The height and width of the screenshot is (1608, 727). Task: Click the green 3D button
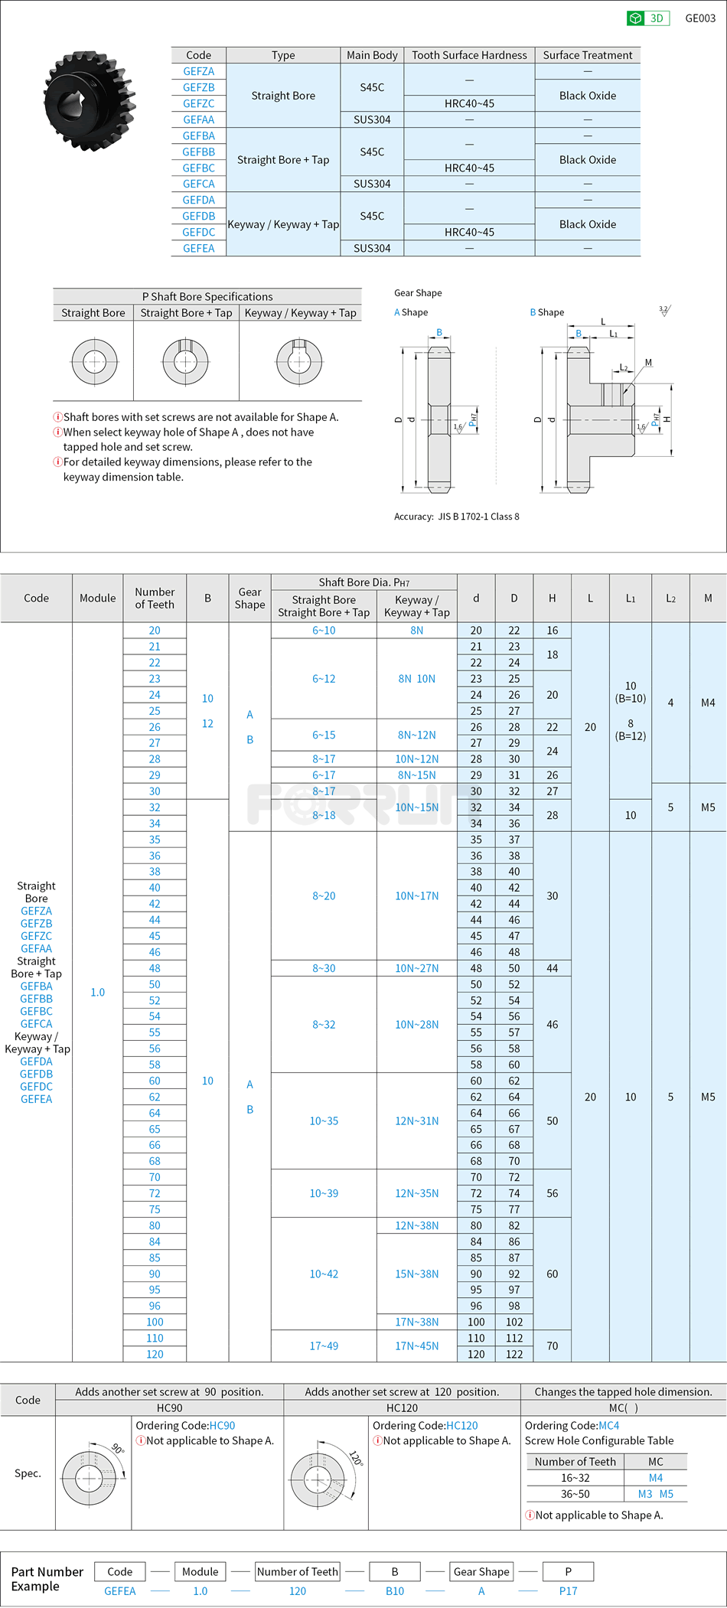coord(647,18)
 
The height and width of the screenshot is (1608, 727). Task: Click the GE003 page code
coord(699,18)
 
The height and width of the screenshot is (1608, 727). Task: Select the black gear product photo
coord(90,100)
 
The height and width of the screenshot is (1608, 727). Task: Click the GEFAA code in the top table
coord(198,119)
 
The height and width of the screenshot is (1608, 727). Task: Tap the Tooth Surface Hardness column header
coord(469,55)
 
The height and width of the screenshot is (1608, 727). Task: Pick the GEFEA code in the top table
coord(198,248)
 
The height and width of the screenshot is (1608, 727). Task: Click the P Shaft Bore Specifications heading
coord(207,296)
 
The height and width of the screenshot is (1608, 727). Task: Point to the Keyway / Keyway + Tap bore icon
coord(299,361)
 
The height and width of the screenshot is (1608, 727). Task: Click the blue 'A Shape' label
coord(411,312)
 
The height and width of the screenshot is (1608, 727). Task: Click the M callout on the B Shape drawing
coord(648,363)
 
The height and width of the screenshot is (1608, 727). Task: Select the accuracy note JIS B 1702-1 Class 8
coord(456,517)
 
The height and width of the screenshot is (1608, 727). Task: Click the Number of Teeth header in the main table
coord(155,598)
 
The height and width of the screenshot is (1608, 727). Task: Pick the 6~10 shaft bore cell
coord(324,631)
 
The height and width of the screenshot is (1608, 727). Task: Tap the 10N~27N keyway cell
coord(416,968)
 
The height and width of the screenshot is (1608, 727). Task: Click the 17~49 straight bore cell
coord(324,1345)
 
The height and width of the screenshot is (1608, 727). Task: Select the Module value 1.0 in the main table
coord(98,992)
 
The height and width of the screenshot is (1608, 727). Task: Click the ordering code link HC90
coord(222,1425)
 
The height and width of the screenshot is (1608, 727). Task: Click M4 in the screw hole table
coord(655,1478)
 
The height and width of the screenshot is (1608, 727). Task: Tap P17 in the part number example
coord(568,1590)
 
